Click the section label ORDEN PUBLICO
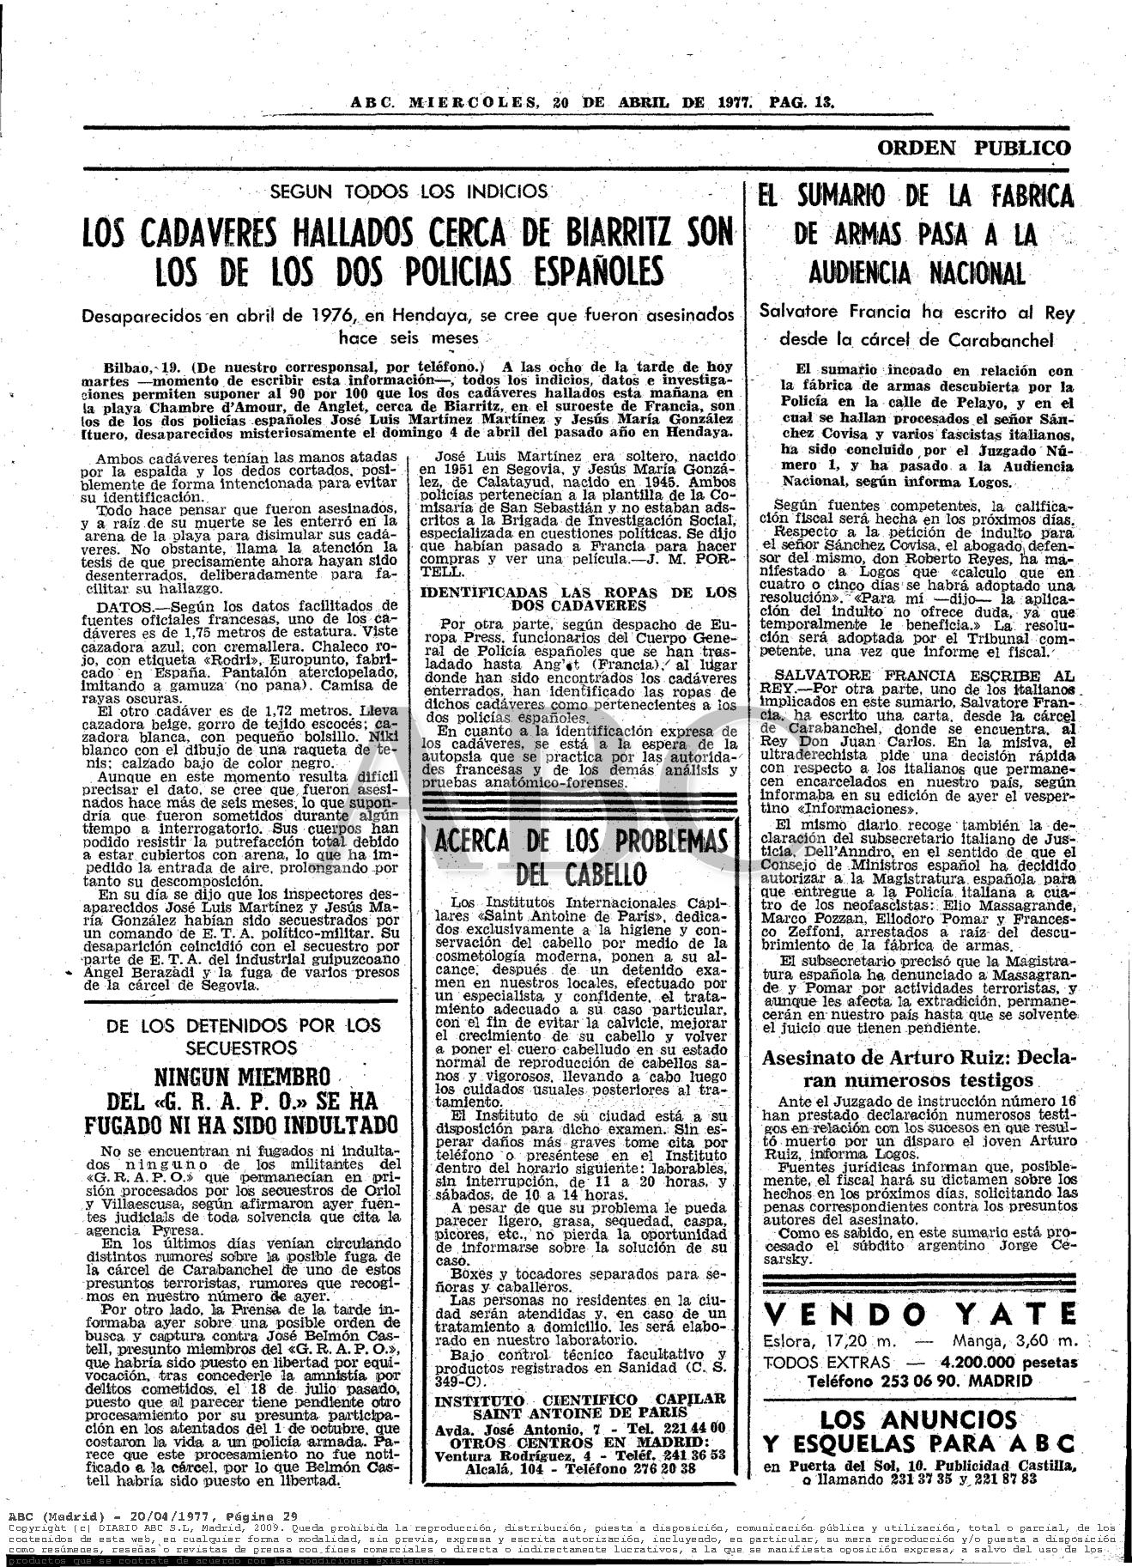[973, 148]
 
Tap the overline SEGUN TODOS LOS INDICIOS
[408, 191]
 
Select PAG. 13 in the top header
[802, 101]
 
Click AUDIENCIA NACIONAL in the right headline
[917, 273]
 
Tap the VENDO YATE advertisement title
[918, 1315]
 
